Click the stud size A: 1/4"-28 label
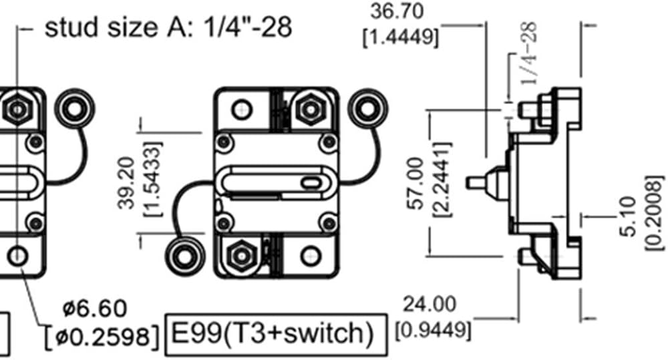click(168, 27)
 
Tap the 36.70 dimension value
click(397, 11)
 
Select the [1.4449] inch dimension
click(400, 37)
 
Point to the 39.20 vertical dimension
click(126, 183)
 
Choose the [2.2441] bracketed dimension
click(442, 180)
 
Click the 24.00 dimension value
click(429, 304)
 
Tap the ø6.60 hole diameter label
click(95, 308)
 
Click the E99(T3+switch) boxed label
click(276, 335)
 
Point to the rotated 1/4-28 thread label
click(528, 54)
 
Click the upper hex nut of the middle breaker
click(311, 110)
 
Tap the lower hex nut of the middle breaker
click(242, 256)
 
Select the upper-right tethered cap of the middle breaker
click(367, 109)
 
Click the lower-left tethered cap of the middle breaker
click(184, 256)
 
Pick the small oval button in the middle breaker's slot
click(311, 183)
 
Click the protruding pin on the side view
click(476, 183)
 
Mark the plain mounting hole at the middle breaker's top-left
click(242, 110)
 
